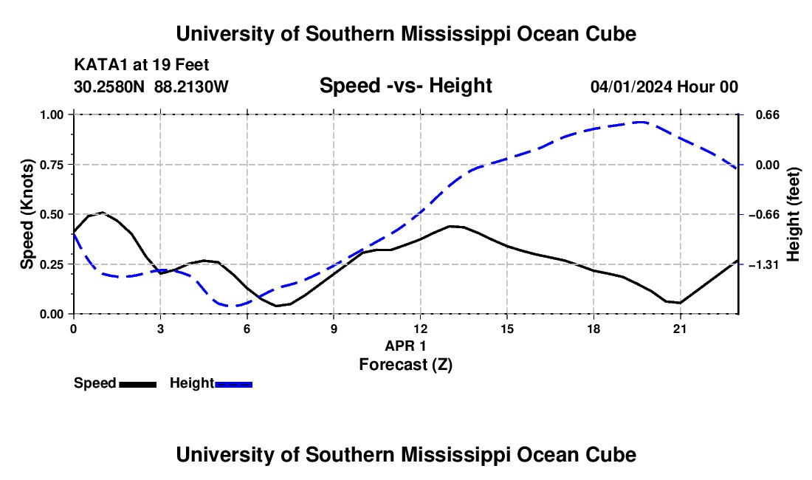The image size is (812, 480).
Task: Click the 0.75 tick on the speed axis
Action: [x=71, y=165]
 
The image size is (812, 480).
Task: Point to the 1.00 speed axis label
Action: [x=52, y=114]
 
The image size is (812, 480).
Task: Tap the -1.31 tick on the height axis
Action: [x=741, y=264]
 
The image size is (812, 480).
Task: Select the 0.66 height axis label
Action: [x=768, y=114]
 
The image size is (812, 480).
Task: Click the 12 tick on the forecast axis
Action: [x=421, y=317]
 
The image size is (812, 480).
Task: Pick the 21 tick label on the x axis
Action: [x=680, y=329]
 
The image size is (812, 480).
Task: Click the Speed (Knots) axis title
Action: [x=27, y=214]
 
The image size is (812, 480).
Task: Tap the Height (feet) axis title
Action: [x=794, y=214]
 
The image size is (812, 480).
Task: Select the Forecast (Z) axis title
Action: [x=405, y=365]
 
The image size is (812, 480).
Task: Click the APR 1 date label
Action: [x=405, y=346]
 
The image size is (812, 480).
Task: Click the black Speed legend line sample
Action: [x=138, y=385]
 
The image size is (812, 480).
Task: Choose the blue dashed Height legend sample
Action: [x=233, y=385]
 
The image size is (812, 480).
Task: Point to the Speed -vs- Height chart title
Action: [x=405, y=86]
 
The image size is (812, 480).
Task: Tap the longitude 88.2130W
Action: [x=191, y=86]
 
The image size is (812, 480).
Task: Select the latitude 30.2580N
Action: [x=109, y=86]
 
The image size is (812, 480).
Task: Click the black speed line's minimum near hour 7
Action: [x=277, y=306]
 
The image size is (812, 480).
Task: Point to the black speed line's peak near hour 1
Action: [x=103, y=212]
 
